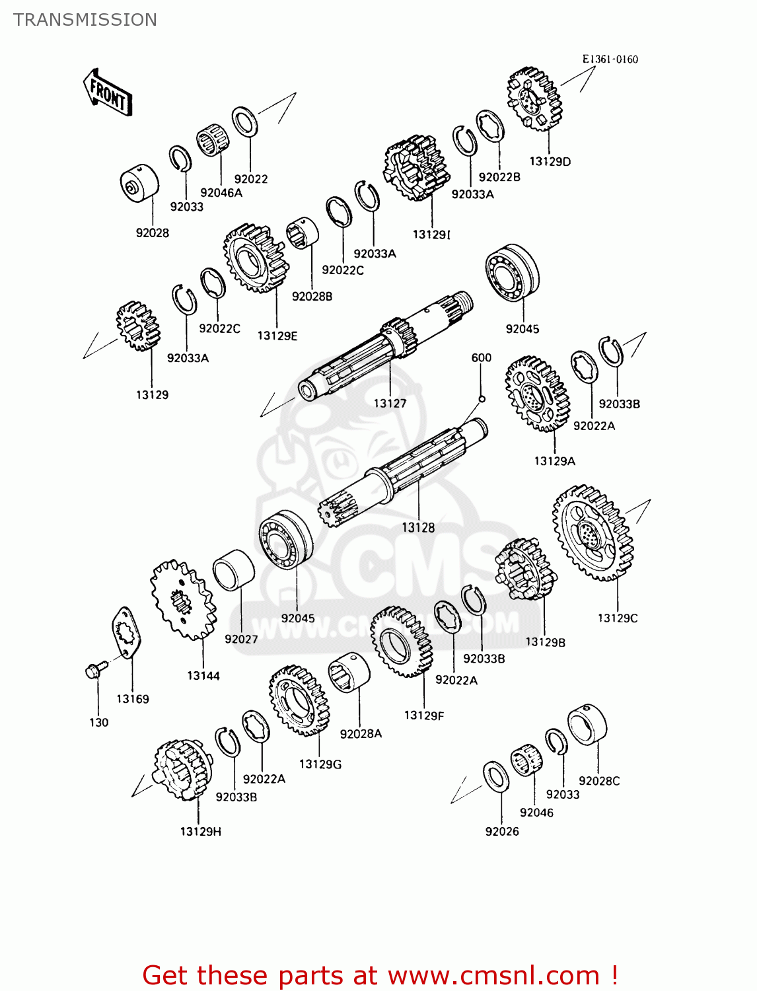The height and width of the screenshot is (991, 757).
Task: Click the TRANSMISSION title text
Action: pyautogui.click(x=85, y=20)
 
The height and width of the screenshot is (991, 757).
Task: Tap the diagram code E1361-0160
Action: pyautogui.click(x=610, y=59)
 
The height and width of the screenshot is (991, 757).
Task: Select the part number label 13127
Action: pyautogui.click(x=390, y=403)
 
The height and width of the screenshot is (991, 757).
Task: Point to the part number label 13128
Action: pyautogui.click(x=418, y=527)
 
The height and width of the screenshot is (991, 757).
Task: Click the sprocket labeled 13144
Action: pyautogui.click(x=183, y=600)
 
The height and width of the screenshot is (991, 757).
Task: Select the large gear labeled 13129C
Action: pyautogui.click(x=593, y=533)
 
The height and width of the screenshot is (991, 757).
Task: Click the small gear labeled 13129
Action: pyautogui.click(x=139, y=326)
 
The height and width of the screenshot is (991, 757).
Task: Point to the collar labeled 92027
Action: pyautogui.click(x=233, y=570)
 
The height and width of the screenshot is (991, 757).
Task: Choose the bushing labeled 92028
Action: pyautogui.click(x=139, y=183)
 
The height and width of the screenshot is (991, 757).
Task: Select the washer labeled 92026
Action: pyautogui.click(x=496, y=776)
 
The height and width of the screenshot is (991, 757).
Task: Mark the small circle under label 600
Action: pyautogui.click(x=482, y=398)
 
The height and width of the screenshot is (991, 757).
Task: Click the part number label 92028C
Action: pyautogui.click(x=599, y=781)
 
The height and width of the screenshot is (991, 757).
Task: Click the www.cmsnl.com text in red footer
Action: pyautogui.click(x=493, y=975)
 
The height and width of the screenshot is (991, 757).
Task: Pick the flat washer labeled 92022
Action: pyautogui.click(x=245, y=122)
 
